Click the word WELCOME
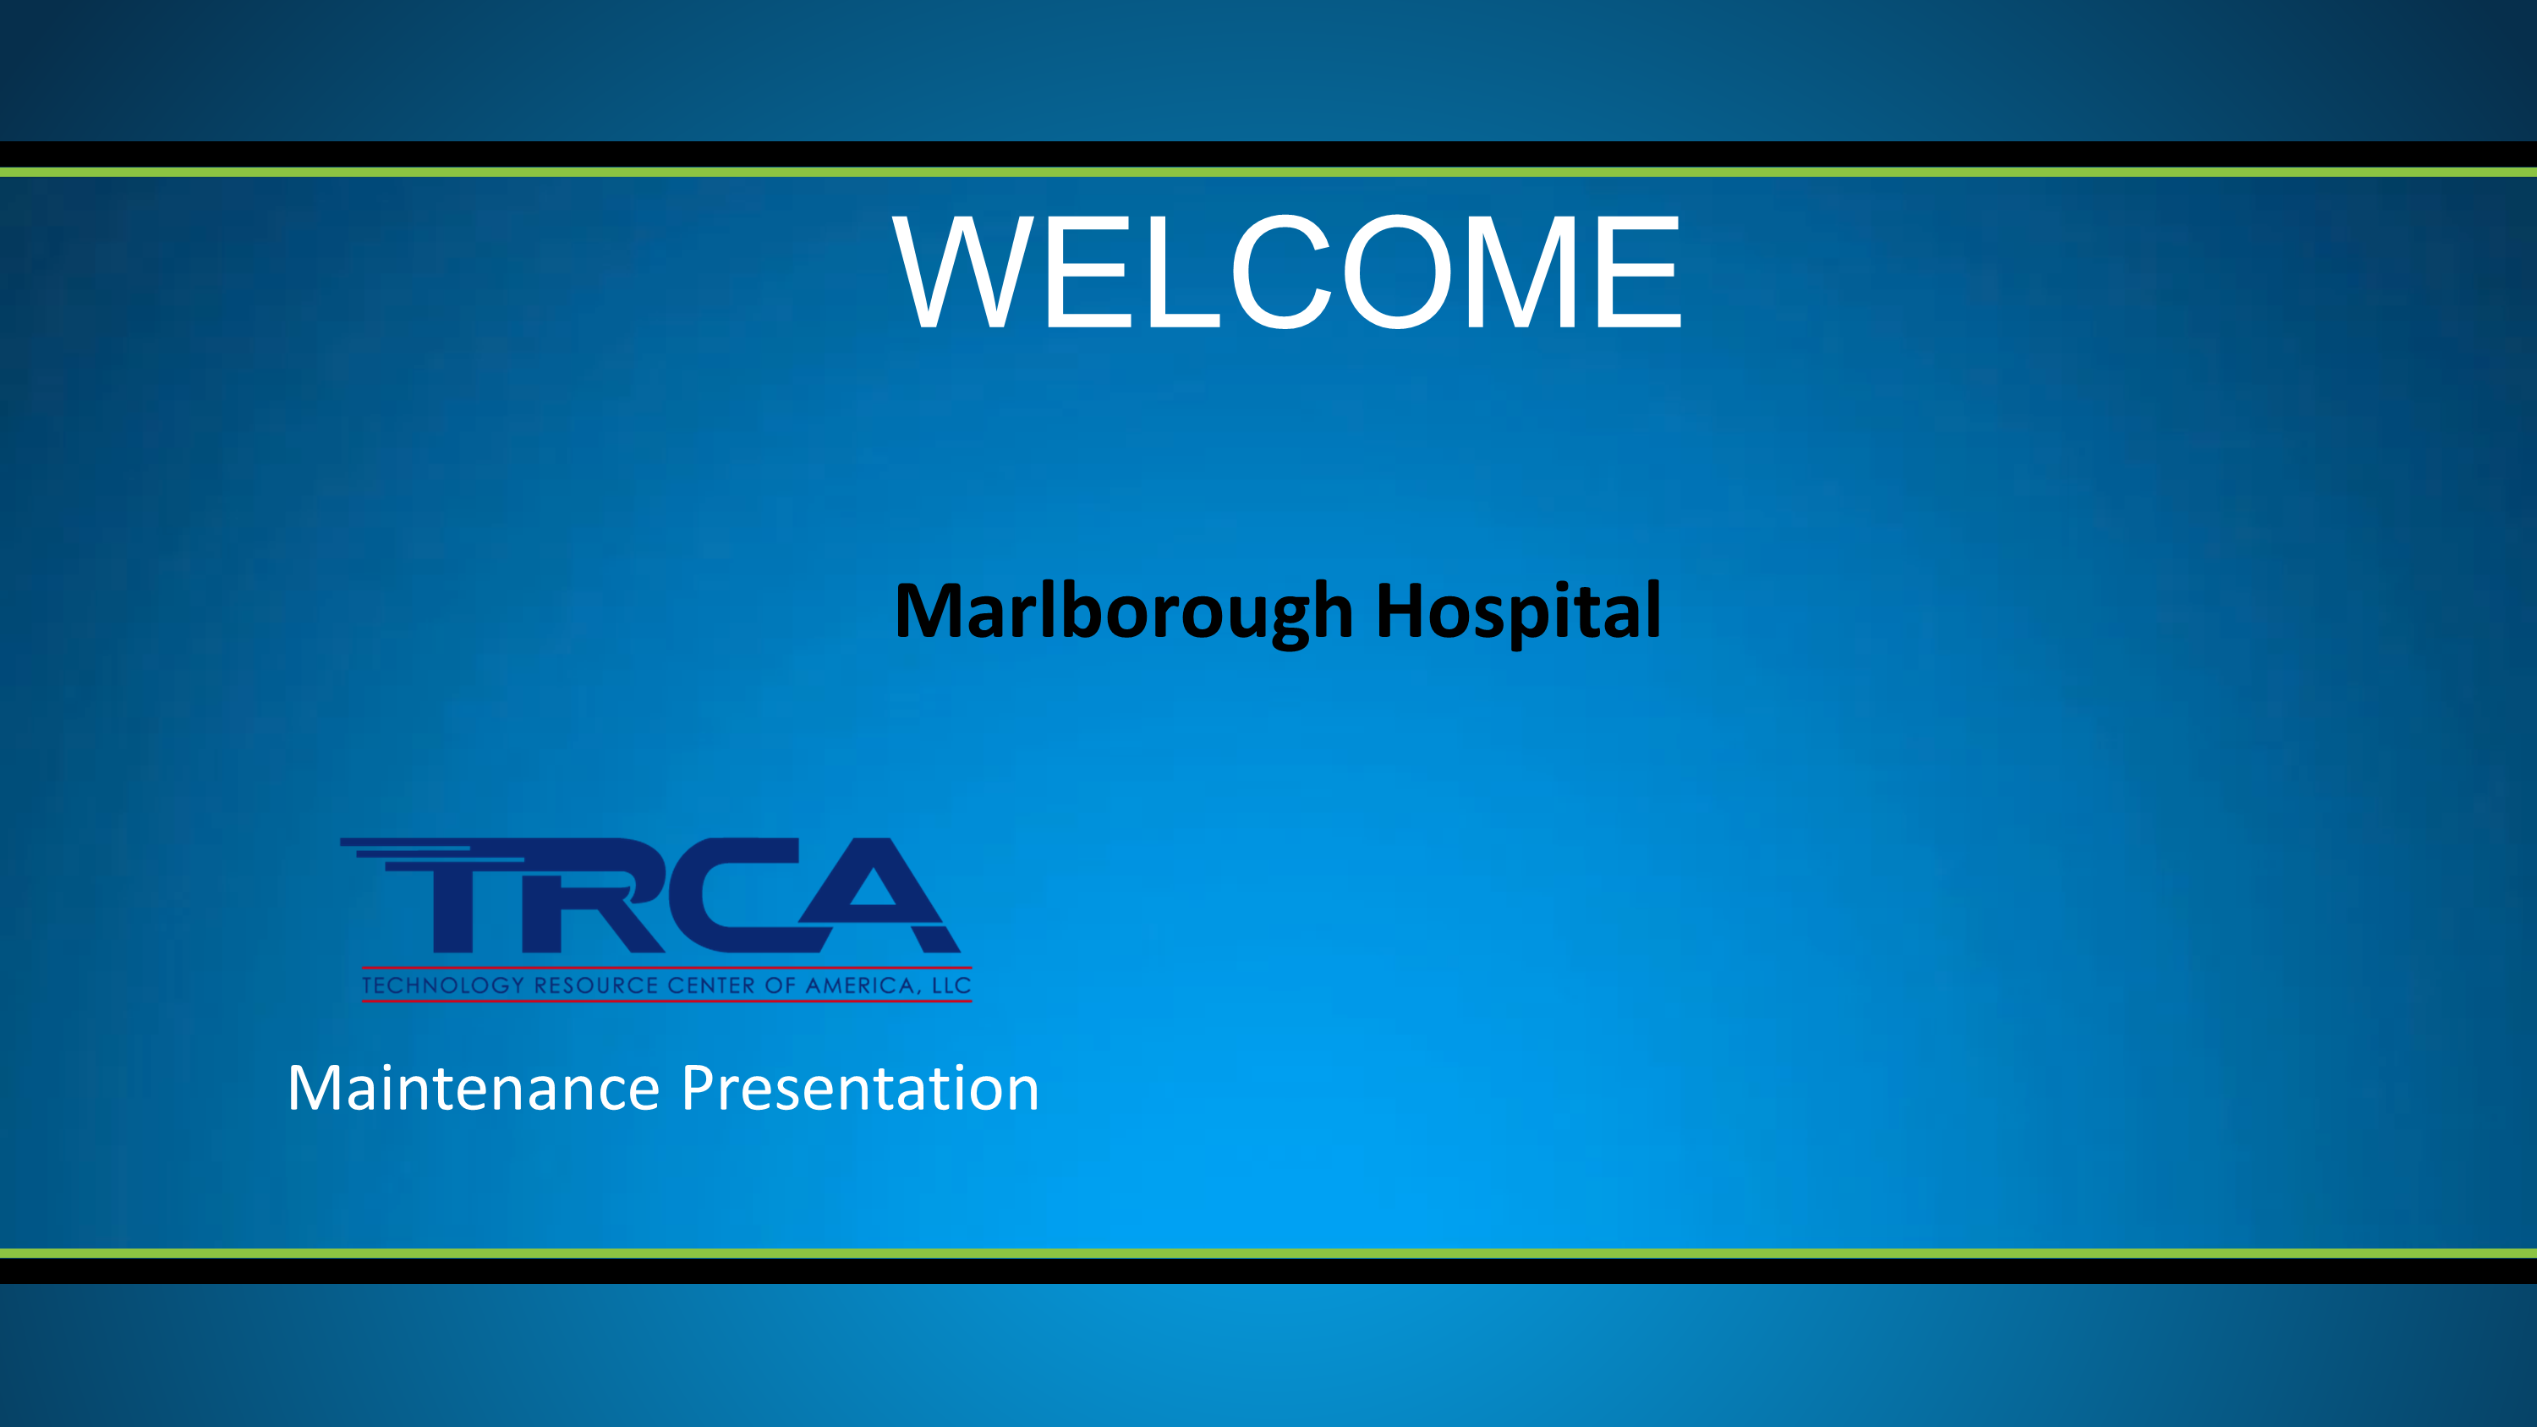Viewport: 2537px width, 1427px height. pos(1286,271)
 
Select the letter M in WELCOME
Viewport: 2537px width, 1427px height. pos(1519,271)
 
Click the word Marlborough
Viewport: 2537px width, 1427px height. pos(1124,612)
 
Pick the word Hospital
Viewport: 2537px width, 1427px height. pos(1518,612)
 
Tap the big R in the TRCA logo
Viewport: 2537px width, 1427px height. pos(591,894)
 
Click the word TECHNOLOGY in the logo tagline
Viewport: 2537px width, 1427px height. pos(442,985)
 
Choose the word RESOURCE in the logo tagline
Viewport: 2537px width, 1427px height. pos(596,985)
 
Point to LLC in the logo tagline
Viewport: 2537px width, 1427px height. pos(951,985)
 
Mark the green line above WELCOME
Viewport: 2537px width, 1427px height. pos(1268,172)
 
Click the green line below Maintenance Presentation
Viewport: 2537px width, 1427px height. pos(1268,1254)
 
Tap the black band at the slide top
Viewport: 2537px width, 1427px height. pos(1268,154)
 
